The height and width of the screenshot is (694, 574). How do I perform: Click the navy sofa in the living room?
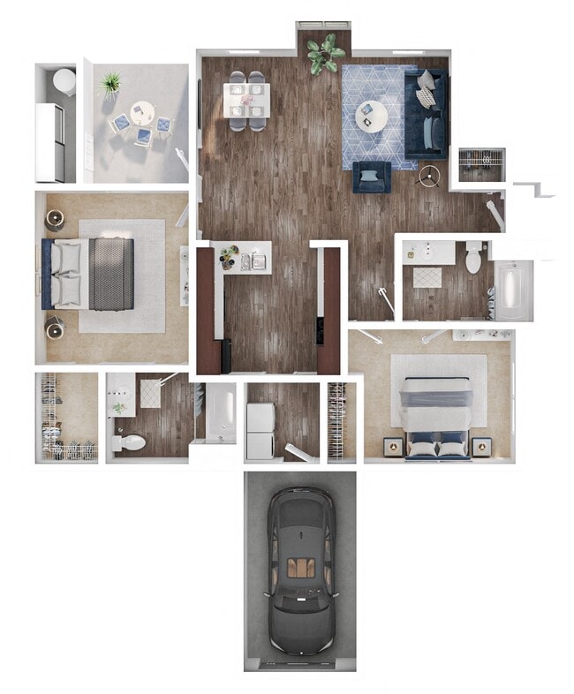427,112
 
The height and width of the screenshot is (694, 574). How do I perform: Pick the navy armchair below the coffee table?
372,177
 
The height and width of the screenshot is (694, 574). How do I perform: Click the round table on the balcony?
141,113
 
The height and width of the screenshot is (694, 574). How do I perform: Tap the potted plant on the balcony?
110,84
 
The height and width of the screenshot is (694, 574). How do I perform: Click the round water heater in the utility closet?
64,81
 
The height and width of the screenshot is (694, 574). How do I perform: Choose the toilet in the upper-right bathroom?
474,257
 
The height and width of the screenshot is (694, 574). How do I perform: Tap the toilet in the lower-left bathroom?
127,442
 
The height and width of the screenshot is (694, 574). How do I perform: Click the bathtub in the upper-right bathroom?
510,290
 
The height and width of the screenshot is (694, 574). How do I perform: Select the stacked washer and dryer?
260,431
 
